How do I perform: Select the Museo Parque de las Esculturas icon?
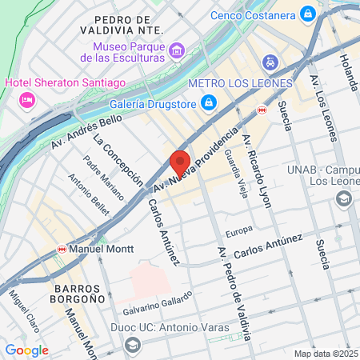[176, 50]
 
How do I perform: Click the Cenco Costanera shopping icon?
[307, 14]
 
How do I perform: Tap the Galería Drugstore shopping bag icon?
[208, 102]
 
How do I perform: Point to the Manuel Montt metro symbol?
[62, 250]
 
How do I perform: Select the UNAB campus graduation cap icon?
[345, 198]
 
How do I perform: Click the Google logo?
[26, 350]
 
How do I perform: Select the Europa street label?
[238, 232]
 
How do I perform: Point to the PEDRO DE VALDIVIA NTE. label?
[122, 24]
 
